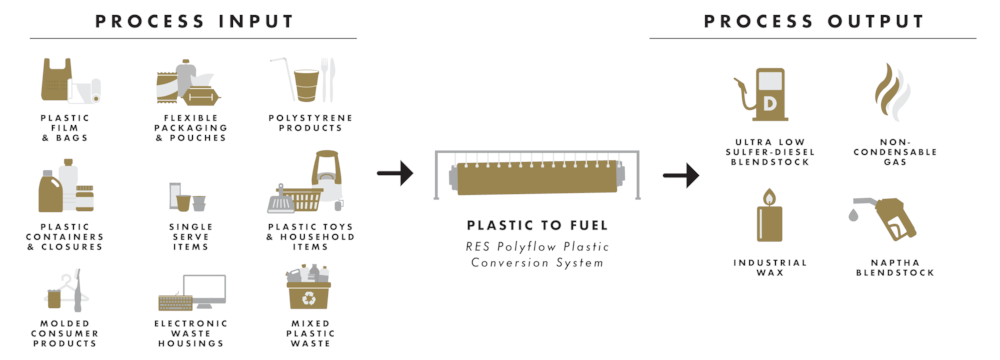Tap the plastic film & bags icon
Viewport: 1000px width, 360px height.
point(71,82)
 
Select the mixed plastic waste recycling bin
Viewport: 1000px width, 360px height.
point(310,291)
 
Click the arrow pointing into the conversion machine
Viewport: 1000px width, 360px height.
point(395,176)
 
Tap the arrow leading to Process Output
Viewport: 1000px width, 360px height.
point(679,177)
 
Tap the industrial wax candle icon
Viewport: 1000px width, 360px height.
point(768,216)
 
